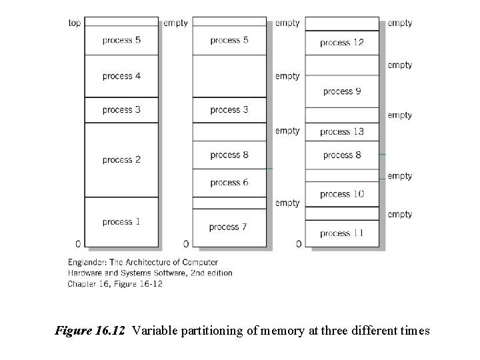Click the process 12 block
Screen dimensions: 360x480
342,43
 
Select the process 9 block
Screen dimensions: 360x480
342,91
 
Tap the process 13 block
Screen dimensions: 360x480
342,132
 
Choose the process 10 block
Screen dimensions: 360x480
342,194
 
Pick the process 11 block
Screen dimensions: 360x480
342,233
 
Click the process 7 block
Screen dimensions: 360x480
229,227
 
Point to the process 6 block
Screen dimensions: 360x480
229,183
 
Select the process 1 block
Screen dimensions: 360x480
121,222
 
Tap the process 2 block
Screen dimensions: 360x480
121,160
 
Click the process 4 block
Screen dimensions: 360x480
121,76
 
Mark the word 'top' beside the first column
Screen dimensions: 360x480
74,23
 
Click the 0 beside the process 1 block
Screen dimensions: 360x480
78,243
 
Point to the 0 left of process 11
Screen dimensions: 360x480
298,243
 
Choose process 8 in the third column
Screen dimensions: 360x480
342,155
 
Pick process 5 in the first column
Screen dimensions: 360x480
121,40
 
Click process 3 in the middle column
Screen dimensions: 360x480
229,110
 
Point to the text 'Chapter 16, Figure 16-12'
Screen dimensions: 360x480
115,283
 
